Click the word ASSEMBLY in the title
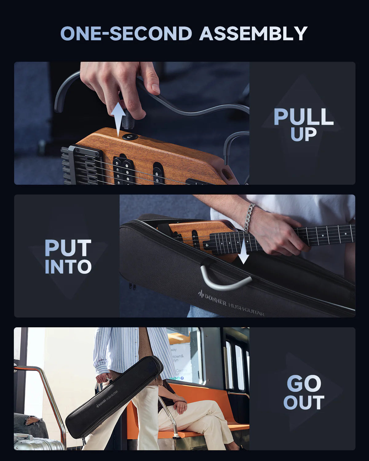pos(253,33)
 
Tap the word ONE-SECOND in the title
pos(126,33)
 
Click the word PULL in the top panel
pos(304,117)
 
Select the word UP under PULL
pos(304,135)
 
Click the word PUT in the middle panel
pos(68,248)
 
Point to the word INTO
pos(68,267)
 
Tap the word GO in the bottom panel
pos(304,384)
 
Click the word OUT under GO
pos(304,403)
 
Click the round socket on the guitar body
pos(130,136)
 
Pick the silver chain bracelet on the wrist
pos(249,217)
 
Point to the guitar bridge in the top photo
pos(83,166)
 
